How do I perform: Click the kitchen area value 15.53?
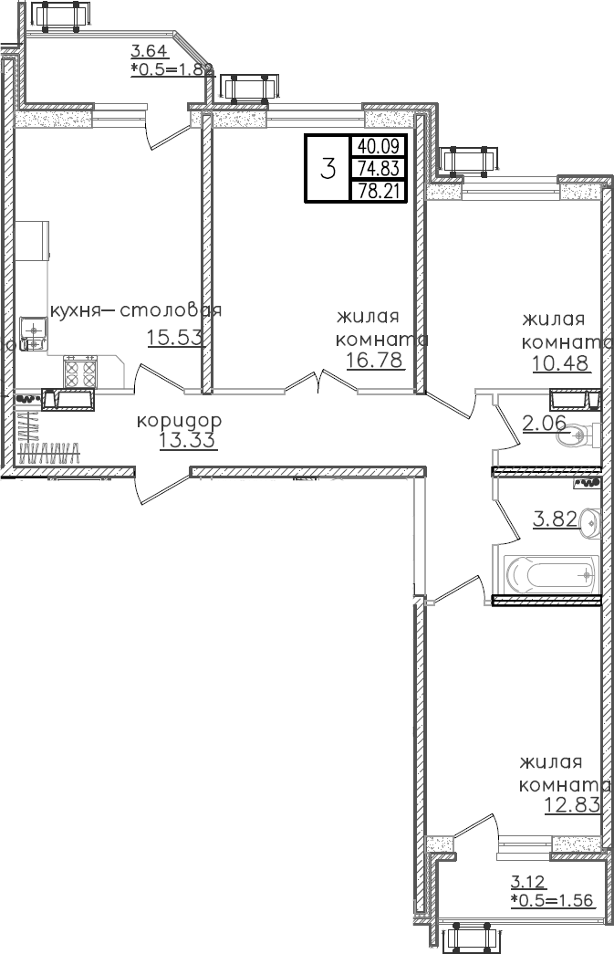173,338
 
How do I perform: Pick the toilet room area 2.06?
544,423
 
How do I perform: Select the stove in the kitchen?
80,372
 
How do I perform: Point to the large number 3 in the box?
328,168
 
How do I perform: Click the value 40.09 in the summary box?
381,145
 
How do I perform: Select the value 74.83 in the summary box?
381,168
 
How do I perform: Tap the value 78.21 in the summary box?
381,191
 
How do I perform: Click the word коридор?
180,422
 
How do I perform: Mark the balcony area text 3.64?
148,51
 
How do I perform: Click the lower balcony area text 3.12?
526,882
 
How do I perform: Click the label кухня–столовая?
136,310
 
